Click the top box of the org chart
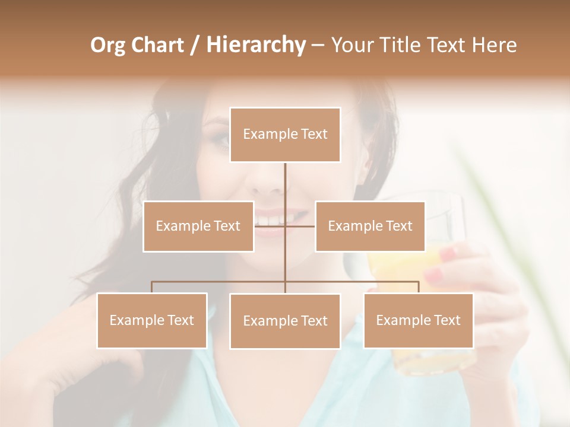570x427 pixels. click(285, 135)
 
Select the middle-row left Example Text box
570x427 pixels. click(198, 226)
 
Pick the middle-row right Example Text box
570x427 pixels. click(370, 226)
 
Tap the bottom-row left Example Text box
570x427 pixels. click(152, 320)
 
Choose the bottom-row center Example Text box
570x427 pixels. click(285, 321)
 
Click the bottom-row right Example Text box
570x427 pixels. click(418, 320)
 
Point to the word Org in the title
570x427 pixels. click(108, 45)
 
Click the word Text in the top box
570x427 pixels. click(313, 134)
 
